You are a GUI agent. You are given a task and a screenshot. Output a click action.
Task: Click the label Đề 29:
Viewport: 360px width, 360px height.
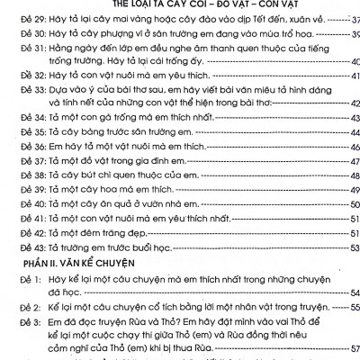[x=20, y=17]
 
